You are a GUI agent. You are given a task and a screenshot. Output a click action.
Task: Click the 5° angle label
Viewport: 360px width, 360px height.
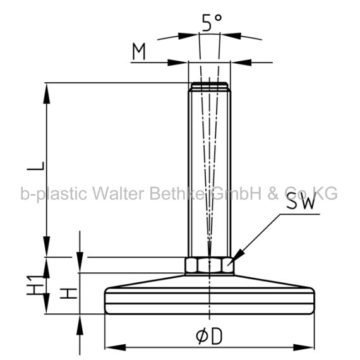[212, 22]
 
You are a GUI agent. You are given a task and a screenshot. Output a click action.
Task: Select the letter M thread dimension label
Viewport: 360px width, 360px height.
[139, 51]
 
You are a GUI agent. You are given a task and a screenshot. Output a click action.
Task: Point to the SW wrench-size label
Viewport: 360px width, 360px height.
[300, 203]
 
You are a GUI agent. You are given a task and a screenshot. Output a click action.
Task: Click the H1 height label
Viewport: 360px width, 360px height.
[35, 285]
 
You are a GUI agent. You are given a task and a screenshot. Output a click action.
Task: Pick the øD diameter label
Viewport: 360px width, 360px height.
[209, 336]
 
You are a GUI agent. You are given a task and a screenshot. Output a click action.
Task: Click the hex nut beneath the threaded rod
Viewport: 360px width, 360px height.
[210, 265]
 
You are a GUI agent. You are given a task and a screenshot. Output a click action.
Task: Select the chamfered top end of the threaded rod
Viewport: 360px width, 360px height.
[210, 86]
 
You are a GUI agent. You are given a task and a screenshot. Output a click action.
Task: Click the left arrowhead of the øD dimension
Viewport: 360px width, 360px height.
[116, 347]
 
